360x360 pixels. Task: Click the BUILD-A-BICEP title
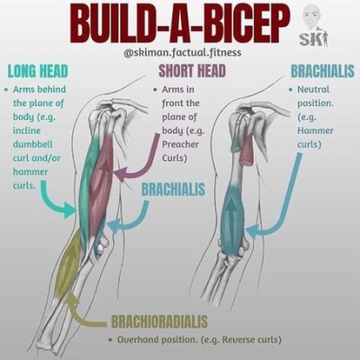181,24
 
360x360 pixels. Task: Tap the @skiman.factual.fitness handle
183,53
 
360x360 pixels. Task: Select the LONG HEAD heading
38,71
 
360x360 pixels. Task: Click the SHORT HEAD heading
192,71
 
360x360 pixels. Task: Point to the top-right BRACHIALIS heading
322,71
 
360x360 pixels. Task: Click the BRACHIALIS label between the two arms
173,189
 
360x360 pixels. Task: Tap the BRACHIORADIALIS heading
159,321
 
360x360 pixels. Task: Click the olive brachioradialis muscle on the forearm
69,263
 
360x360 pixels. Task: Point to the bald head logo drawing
312,19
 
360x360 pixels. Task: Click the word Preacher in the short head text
180,144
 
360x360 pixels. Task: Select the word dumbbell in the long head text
33,144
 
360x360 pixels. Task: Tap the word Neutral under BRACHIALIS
314,89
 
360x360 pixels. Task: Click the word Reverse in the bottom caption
239,339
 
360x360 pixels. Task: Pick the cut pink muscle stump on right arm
246,150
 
